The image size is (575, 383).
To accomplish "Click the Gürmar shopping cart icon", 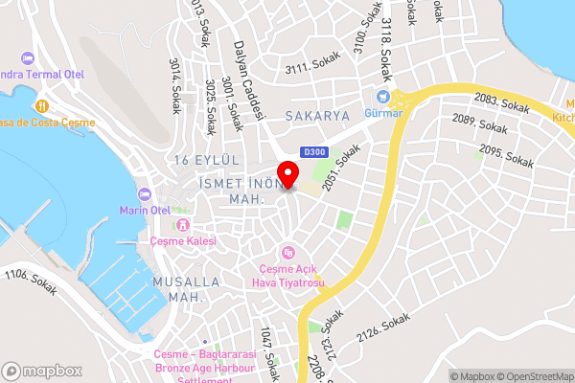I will click(x=383, y=96).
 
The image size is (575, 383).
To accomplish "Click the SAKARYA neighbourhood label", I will click(x=318, y=115).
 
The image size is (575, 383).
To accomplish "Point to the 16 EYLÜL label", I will click(x=202, y=158).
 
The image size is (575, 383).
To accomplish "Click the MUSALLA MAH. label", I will click(x=186, y=290).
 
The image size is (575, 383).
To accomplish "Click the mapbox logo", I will click(x=41, y=371).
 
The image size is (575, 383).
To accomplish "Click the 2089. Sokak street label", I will click(x=479, y=123).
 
